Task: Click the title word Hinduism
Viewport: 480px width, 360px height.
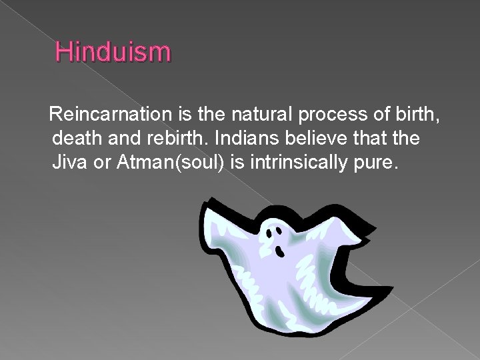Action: coord(113,51)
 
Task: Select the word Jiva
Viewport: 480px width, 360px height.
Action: coord(70,163)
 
